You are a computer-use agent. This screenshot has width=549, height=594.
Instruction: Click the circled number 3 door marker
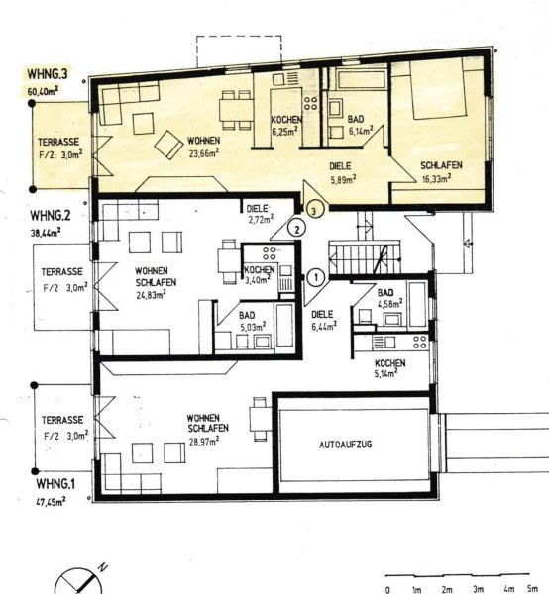[314, 210]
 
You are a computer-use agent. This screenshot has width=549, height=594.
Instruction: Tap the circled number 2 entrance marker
[297, 229]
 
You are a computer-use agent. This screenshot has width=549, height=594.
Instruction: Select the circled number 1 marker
[316, 277]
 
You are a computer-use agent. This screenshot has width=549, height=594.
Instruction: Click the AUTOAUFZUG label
[346, 444]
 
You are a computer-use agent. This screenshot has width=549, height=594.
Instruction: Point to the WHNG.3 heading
[47, 73]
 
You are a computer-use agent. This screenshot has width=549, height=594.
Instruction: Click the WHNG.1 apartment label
[55, 484]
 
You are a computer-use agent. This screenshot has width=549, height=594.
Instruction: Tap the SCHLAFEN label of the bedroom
[441, 165]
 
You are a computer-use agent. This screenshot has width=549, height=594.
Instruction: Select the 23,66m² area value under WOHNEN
[204, 153]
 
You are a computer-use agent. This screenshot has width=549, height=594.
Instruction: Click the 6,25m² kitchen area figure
[284, 131]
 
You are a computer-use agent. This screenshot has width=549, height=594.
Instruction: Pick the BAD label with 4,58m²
[385, 293]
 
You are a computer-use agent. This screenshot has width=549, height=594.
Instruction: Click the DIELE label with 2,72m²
[257, 209]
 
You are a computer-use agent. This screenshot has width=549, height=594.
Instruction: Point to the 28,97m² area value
[204, 441]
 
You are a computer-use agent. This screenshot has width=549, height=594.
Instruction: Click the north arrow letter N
[102, 567]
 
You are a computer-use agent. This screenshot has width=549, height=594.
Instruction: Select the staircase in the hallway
[365, 256]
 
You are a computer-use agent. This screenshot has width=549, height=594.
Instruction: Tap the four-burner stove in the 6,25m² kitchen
[310, 103]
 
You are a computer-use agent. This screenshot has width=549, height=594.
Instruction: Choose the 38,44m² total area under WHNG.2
[47, 233]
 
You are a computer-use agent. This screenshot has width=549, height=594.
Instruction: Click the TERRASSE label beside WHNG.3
[58, 142]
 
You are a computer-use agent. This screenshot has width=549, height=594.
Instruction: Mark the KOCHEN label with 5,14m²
[390, 363]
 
